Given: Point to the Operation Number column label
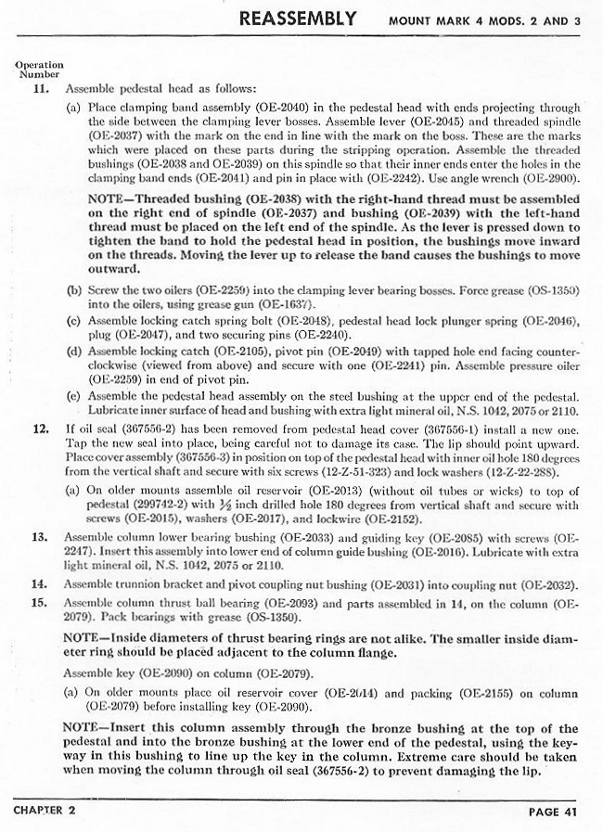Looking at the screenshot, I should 39,70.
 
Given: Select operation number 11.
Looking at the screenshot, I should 40,90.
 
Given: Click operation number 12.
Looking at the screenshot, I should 40,429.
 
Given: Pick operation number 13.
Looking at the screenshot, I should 40,537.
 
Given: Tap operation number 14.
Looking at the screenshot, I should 40,585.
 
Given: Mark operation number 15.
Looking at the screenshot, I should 40,602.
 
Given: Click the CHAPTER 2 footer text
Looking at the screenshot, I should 45,810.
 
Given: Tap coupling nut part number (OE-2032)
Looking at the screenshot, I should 547,585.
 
